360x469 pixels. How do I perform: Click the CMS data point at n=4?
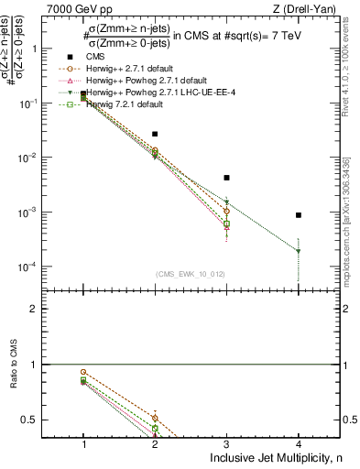coord(299,215)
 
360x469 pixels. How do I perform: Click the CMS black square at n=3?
coord(226,178)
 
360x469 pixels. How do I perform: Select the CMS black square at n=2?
coord(155,134)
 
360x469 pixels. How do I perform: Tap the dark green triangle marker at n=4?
coord(299,251)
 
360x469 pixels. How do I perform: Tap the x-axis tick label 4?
coord(299,442)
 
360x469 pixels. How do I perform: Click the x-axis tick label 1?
coord(83,442)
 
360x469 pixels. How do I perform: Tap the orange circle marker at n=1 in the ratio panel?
coord(83,372)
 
